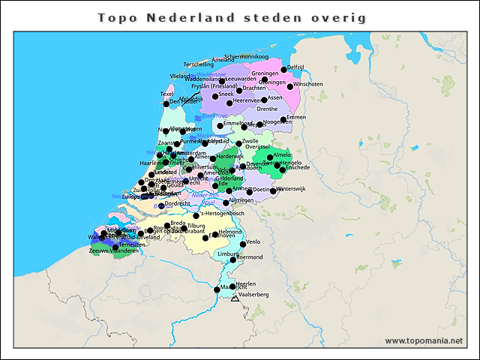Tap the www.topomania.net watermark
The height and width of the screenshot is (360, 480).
coord(424,340)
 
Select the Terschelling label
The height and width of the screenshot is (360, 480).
coord(199,64)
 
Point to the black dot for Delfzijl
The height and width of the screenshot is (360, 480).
coord(284,70)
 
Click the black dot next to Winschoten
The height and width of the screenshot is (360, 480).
coord(290,86)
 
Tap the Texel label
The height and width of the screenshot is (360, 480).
coord(166,94)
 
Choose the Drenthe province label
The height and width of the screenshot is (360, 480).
coord(267,109)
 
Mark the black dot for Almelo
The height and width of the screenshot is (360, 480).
coord(270,157)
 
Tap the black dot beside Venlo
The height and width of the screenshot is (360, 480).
coord(242,243)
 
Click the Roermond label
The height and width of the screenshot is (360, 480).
coord(250,257)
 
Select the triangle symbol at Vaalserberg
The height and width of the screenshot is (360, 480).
coord(235,298)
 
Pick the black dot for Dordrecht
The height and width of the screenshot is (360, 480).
coord(161,205)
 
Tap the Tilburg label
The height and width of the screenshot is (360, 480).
coord(196,226)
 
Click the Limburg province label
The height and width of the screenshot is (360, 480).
coord(227,254)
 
